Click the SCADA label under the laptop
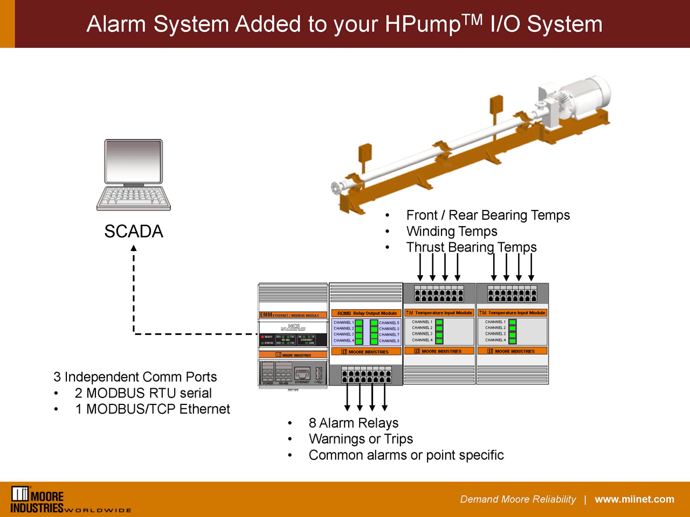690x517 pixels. point(133,232)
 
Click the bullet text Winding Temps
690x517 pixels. point(451,232)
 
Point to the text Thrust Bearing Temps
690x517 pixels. point(471,247)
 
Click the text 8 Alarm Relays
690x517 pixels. point(353,423)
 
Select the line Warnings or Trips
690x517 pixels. point(361,439)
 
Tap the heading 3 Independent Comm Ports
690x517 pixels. point(135,377)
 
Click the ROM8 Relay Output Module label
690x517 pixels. point(367,313)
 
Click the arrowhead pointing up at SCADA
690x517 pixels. point(134,248)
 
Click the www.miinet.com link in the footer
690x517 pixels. point(634,499)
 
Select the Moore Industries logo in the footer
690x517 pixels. point(38,500)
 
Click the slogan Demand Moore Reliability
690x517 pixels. point(517,499)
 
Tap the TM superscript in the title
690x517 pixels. point(472,19)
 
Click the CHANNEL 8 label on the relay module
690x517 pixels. point(389,341)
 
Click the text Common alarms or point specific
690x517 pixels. point(406,455)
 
